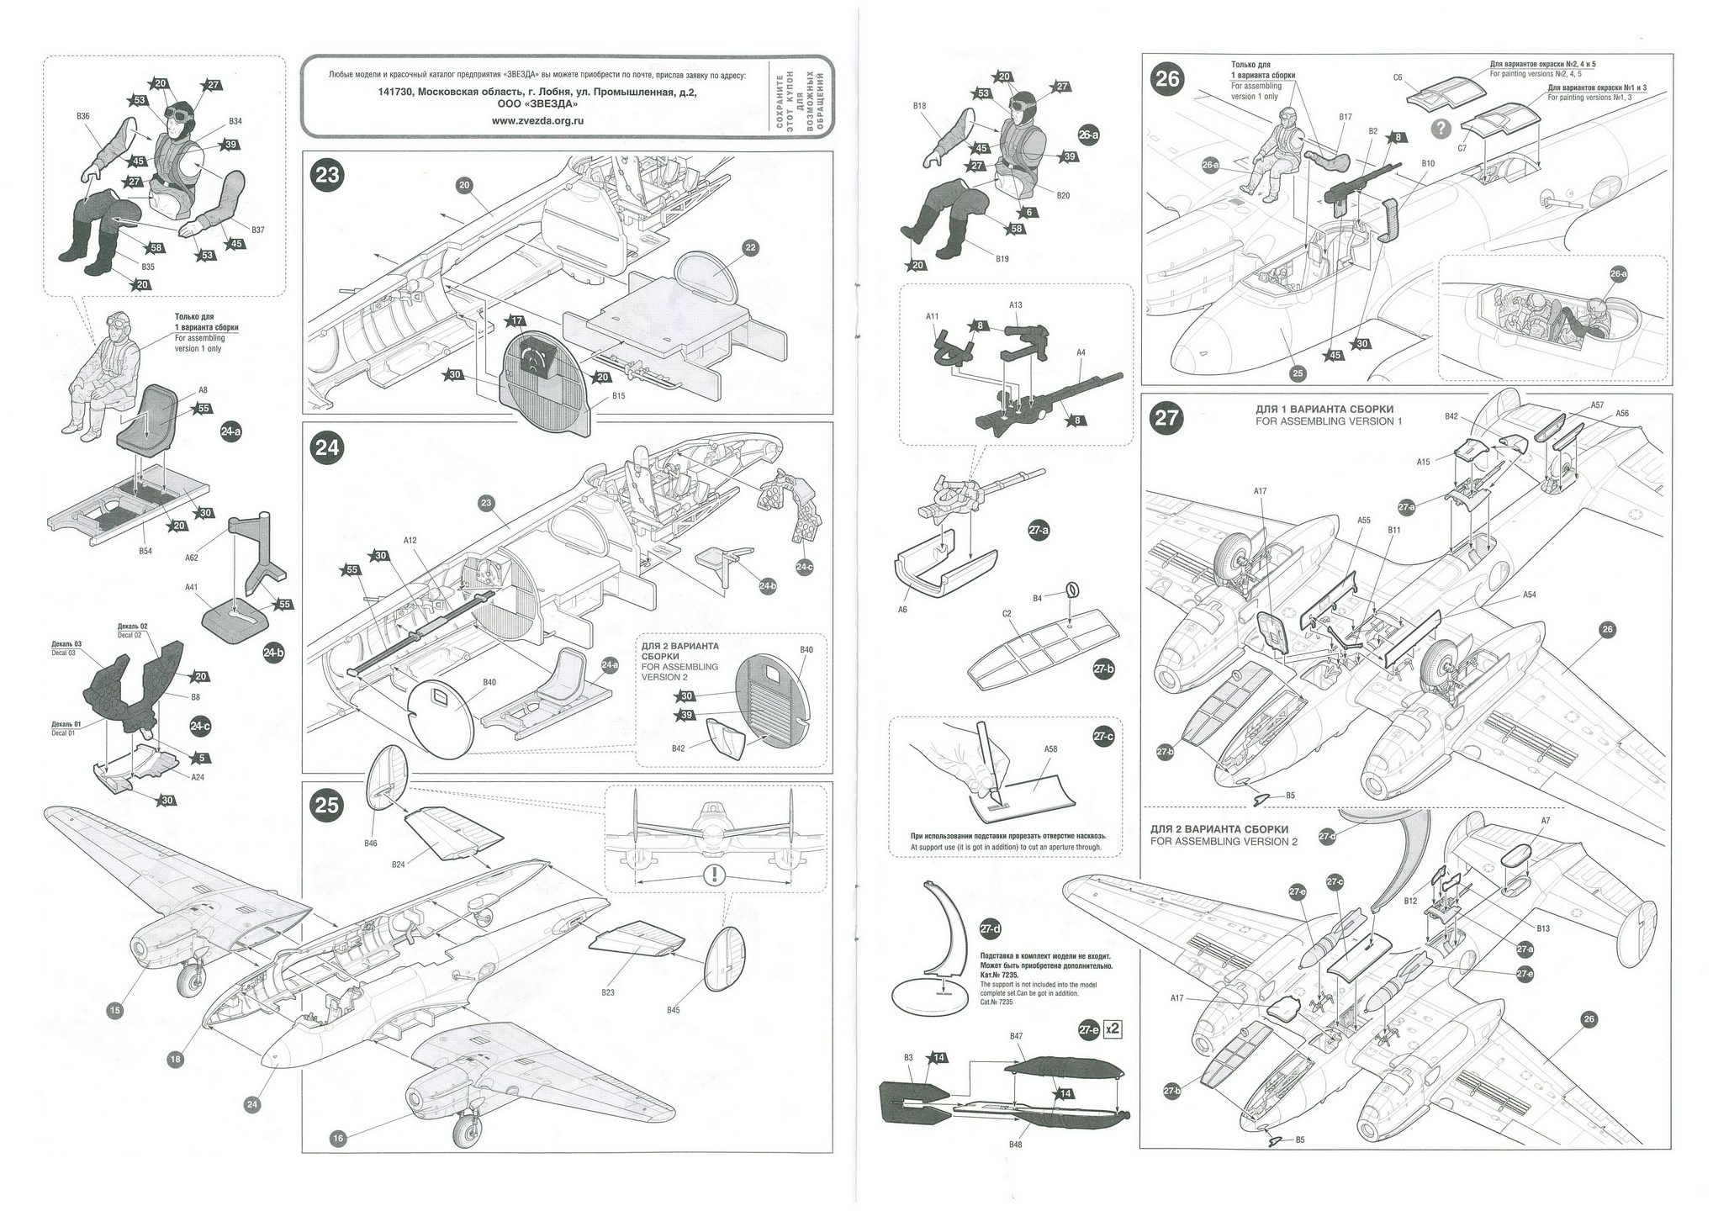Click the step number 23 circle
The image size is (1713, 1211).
[x=327, y=175]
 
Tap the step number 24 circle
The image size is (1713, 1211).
[x=327, y=447]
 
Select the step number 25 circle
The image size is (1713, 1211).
[x=327, y=806]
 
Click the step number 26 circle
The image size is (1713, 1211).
[x=1168, y=79]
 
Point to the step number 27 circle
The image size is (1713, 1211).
[x=1167, y=418]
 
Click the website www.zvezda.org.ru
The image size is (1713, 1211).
[x=537, y=120]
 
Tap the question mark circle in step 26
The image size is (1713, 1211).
[x=1441, y=128]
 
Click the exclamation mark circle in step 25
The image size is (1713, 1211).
[x=714, y=875]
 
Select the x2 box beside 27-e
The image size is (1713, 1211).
[x=1112, y=1029]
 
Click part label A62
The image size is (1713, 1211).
[x=191, y=533]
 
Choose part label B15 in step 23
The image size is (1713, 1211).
[x=618, y=395]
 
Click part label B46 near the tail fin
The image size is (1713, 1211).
[x=371, y=843]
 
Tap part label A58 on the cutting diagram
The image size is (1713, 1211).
[x=1050, y=748]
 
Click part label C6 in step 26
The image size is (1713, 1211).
[x=1398, y=77]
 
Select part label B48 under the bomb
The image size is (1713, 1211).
[x=1015, y=1145]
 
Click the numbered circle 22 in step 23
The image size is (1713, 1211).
[x=750, y=247]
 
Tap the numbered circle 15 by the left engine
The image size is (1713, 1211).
[x=115, y=1010]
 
